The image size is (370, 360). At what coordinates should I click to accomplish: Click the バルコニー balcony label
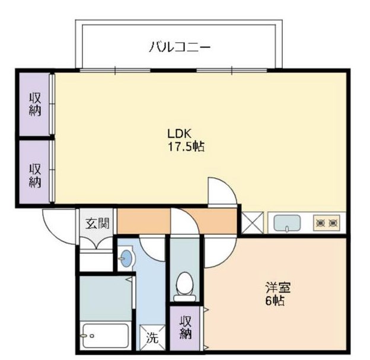(x=179, y=47)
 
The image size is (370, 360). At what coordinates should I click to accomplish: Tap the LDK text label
(x=179, y=134)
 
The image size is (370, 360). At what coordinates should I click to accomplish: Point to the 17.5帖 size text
(x=186, y=146)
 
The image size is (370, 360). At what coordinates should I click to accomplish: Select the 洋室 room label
(x=278, y=288)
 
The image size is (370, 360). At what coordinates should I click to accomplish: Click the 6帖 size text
(x=275, y=301)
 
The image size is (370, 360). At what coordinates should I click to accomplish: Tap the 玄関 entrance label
(x=97, y=223)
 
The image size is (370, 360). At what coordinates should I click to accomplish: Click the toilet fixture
(x=184, y=286)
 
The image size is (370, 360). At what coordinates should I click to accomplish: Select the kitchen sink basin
(x=287, y=223)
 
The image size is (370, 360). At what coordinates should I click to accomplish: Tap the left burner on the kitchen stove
(x=320, y=222)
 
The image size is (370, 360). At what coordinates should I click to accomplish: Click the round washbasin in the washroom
(x=127, y=258)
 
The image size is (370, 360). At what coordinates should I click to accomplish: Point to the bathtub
(x=106, y=336)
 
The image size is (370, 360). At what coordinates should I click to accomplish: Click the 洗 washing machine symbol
(x=152, y=337)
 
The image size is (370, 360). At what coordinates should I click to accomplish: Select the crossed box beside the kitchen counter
(x=252, y=222)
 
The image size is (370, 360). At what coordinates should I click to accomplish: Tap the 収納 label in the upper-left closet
(x=35, y=104)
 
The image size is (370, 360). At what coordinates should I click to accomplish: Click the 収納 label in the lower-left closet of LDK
(x=35, y=176)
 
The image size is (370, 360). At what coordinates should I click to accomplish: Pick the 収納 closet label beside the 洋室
(x=185, y=327)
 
